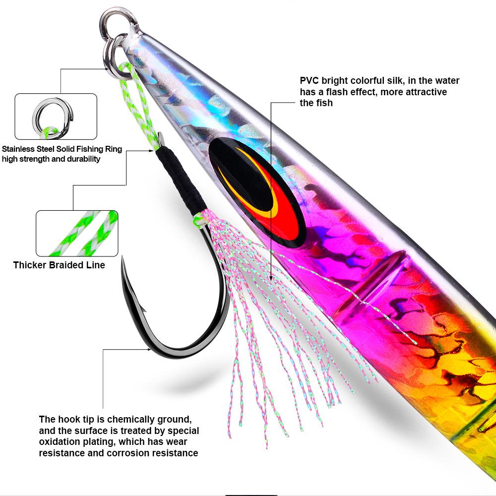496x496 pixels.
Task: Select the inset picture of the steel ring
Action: coord(56,116)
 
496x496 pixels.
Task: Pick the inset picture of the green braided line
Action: coord(77,233)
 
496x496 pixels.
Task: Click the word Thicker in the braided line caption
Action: coord(30,265)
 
